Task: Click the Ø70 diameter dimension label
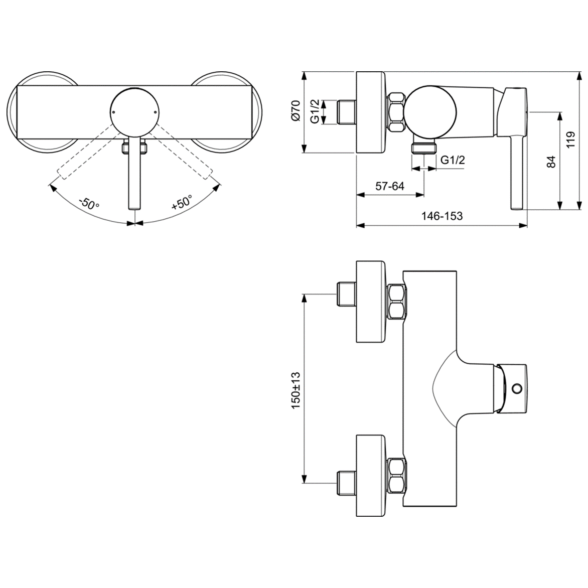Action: point(296,110)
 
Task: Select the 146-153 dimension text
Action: point(442,216)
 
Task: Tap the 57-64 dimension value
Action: point(390,186)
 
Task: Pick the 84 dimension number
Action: point(551,162)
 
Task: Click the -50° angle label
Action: point(89,205)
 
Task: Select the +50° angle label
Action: point(182,204)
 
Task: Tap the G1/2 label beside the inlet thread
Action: point(314,111)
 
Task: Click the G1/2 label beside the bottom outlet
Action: point(453,160)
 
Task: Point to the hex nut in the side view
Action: point(396,112)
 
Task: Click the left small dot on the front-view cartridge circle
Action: point(114,111)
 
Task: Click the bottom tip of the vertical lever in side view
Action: point(517,208)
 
